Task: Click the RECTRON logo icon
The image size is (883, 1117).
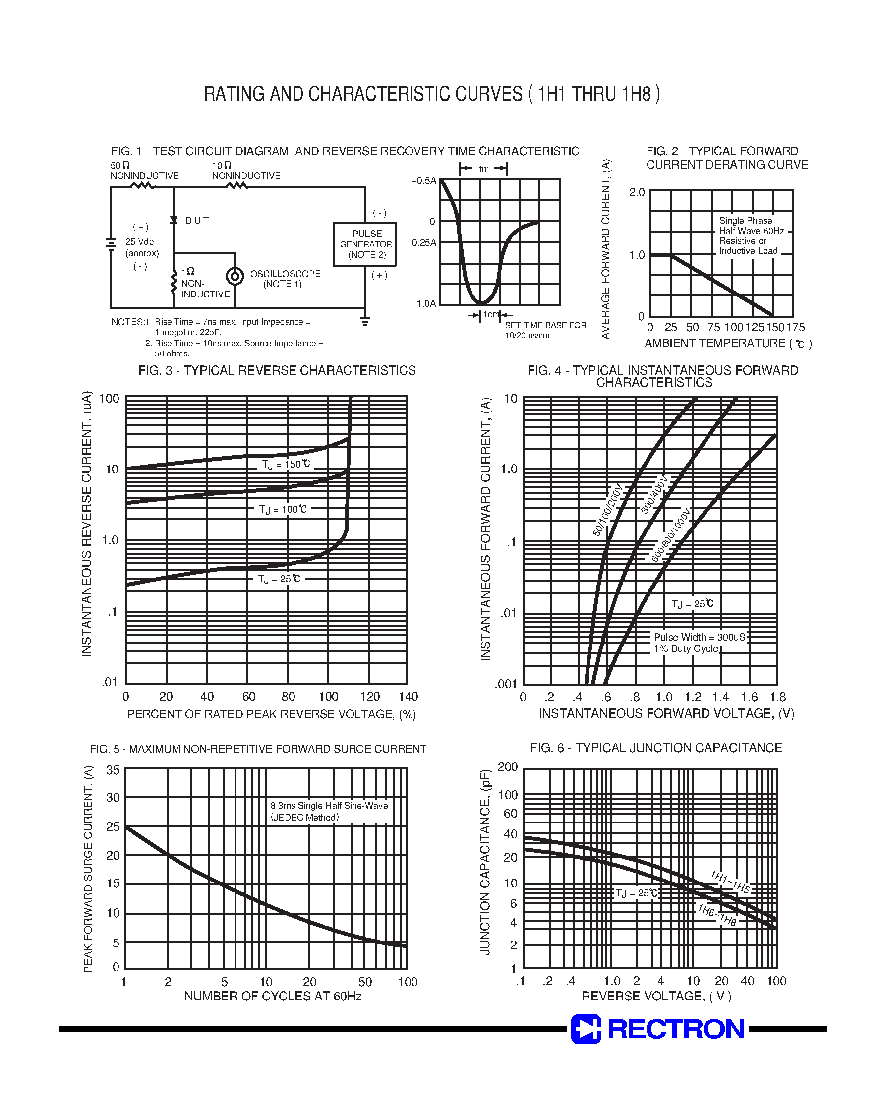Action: click(x=586, y=1029)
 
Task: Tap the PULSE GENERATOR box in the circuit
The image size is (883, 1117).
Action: click(x=364, y=244)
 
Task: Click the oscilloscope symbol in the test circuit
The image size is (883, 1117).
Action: click(x=235, y=277)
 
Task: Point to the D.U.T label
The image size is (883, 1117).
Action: click(x=197, y=221)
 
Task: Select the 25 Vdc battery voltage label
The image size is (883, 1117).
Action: click(x=140, y=242)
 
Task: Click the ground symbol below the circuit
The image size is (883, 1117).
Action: click(x=365, y=322)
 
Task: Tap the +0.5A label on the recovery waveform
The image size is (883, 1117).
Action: click(x=424, y=181)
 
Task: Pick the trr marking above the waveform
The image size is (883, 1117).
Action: click(x=483, y=169)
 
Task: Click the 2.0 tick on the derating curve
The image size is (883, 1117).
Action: click(x=637, y=192)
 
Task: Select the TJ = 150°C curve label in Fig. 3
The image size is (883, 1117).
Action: click(x=286, y=464)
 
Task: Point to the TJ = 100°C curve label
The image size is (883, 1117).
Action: click(x=283, y=509)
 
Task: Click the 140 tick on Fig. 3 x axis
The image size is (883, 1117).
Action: click(x=409, y=696)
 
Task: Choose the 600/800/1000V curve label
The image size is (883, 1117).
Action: click(x=670, y=535)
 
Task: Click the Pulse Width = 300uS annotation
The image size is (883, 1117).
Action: click(x=700, y=637)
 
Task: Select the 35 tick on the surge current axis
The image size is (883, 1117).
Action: click(x=113, y=770)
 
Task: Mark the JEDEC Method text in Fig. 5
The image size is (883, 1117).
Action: click(x=305, y=817)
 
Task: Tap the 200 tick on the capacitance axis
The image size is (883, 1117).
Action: click(x=508, y=766)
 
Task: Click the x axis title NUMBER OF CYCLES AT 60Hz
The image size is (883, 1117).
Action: click(x=273, y=996)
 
